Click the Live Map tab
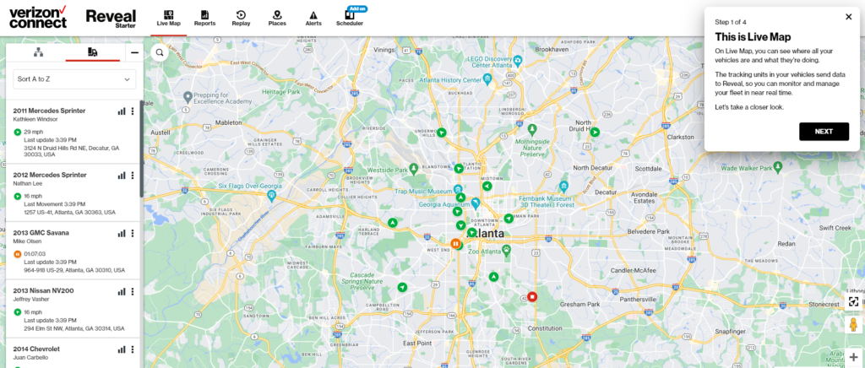(x=169, y=18)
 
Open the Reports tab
(x=204, y=18)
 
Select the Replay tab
(x=242, y=18)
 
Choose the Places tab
(x=277, y=18)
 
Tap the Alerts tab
(x=313, y=18)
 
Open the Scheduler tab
(x=349, y=18)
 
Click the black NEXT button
(x=824, y=132)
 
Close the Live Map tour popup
(x=848, y=17)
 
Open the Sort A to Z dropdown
(x=74, y=78)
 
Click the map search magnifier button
(x=159, y=52)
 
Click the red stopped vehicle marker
(x=532, y=296)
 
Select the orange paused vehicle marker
(x=455, y=244)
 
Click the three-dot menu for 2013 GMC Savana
(x=133, y=233)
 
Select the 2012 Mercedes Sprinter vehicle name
(x=50, y=175)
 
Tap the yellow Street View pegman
(x=853, y=325)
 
